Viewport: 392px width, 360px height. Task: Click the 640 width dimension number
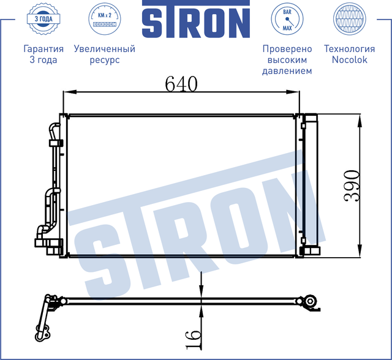[181, 83]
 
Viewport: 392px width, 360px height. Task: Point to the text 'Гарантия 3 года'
[43, 54]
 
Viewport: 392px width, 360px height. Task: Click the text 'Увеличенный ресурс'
[104, 54]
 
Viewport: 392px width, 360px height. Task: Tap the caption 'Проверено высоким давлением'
[287, 59]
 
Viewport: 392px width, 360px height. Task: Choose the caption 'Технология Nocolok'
[349, 54]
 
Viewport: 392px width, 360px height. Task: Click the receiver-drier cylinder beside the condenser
[311, 184]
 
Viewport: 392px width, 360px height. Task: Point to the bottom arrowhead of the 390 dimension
[359, 252]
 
